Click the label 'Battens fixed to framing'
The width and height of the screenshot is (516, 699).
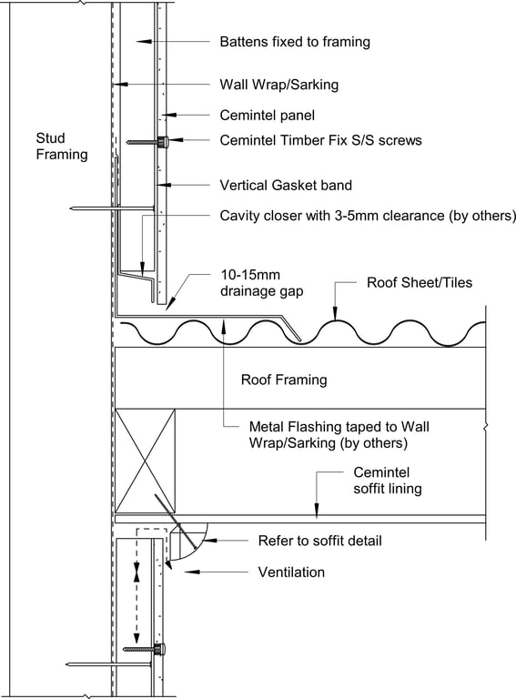point(295,42)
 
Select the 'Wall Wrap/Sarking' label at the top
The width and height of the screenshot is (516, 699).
point(278,85)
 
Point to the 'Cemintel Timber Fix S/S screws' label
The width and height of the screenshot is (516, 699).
point(320,140)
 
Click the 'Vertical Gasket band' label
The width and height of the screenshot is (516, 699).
point(286,185)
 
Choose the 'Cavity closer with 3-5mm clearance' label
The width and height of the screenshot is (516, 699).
point(368,216)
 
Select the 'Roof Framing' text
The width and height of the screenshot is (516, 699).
point(283,379)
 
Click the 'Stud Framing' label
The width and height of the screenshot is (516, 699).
point(61,146)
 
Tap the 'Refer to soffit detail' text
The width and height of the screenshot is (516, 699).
point(319,541)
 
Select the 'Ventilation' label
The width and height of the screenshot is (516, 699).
point(291,572)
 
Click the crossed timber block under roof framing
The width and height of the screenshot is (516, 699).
point(146,461)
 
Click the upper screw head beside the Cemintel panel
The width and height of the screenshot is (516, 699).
point(163,142)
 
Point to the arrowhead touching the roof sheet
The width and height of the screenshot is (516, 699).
point(337,314)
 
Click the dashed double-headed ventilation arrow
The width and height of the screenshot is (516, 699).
point(137,573)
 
